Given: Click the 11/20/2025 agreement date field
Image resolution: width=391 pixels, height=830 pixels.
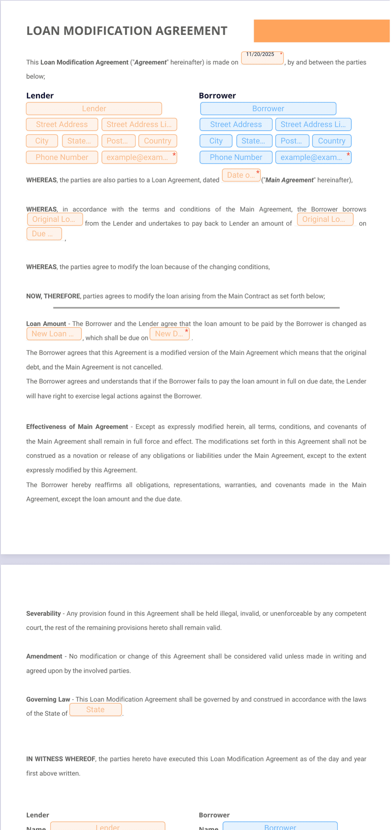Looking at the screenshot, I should pos(262,58).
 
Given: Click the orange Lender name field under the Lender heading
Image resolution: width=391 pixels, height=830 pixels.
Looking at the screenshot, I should pos(94,109).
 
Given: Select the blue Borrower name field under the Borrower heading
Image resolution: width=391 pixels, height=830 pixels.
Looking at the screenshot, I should pos(268,109).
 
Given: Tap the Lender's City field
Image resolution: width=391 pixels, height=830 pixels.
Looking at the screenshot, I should pos(42,141).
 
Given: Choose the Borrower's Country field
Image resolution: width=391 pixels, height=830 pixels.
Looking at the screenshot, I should pos(331,141).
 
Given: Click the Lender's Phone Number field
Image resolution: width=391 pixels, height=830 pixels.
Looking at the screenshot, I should pos(62,157).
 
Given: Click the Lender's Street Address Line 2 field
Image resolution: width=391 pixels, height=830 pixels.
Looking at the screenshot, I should pos(139,124).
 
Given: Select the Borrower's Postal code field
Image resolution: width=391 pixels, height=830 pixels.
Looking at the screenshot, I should pos(292,141).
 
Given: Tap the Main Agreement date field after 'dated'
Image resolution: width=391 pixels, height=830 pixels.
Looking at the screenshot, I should pos(241,175).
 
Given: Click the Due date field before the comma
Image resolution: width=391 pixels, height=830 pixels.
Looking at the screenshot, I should pos(44,234).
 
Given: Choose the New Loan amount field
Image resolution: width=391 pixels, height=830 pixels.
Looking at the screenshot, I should pos(54,334).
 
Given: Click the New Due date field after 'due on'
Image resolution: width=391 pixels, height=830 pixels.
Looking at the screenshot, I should pos(170,334).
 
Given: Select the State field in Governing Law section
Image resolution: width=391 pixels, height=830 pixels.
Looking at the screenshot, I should pos(96,710).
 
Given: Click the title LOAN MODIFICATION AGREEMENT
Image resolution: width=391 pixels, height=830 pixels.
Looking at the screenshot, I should pos(127,31).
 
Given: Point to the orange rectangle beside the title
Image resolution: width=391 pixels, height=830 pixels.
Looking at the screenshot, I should pos(322,31).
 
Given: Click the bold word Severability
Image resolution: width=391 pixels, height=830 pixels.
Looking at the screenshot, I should pos(43,614).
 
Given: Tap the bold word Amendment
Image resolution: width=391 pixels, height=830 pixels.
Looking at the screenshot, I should pos(44,656).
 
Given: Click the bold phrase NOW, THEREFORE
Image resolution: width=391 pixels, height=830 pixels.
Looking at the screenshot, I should pos(53,296).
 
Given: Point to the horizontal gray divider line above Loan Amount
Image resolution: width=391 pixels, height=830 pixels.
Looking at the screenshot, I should pos(196,308).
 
